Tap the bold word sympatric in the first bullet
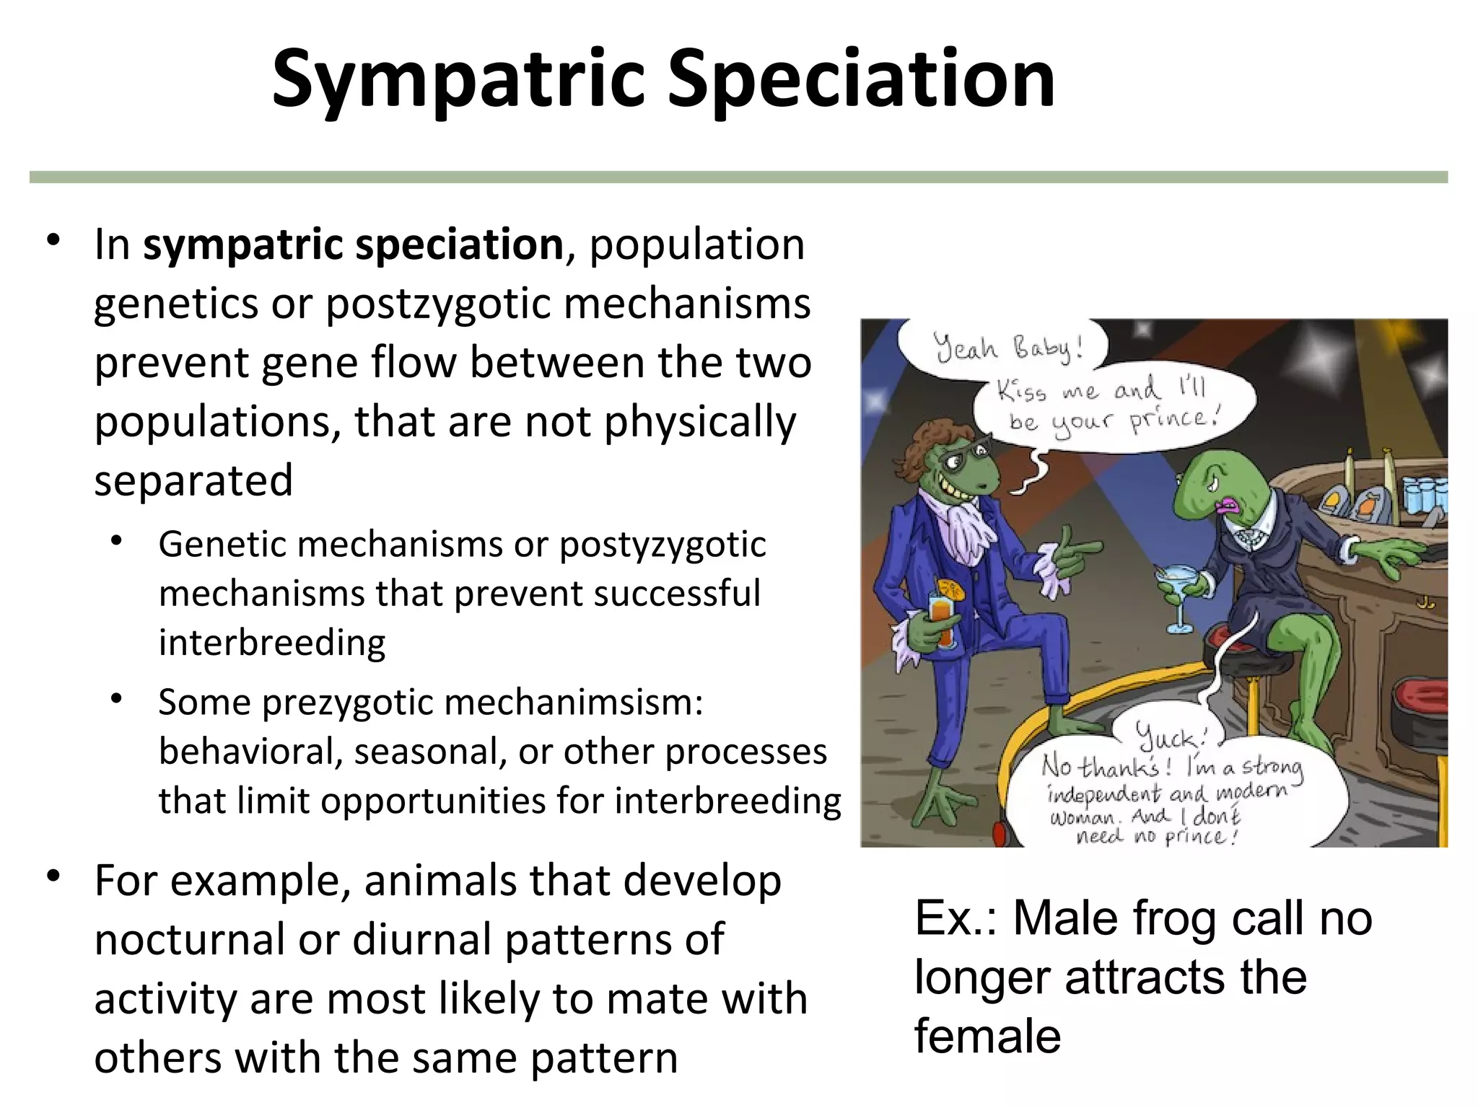click(x=242, y=245)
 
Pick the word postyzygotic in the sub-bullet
click(x=662, y=545)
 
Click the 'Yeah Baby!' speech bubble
click(x=1007, y=348)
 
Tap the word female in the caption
click(x=987, y=1036)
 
